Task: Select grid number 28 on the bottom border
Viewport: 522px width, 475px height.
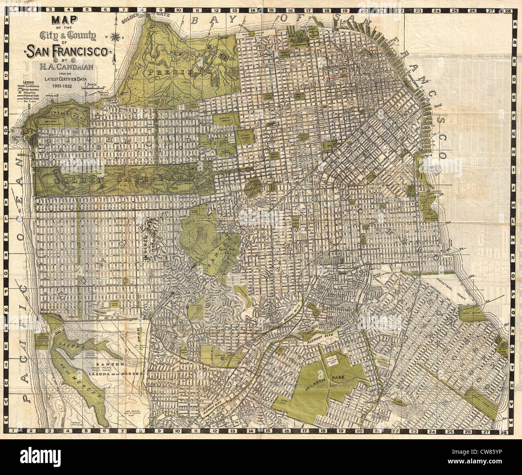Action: click(x=502, y=432)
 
